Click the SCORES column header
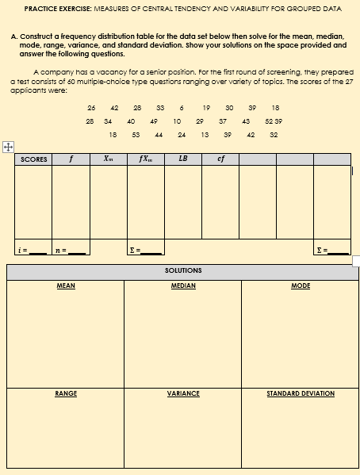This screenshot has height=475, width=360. click(x=33, y=159)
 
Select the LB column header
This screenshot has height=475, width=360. click(x=183, y=159)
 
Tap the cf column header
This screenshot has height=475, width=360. click(x=220, y=159)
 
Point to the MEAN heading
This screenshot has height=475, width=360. click(x=66, y=285)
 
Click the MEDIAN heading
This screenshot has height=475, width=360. click(x=183, y=285)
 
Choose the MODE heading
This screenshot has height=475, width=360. click(x=301, y=285)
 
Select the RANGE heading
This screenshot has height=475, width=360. click(x=66, y=393)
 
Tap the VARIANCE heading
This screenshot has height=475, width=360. click(x=183, y=393)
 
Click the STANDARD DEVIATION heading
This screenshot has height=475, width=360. click(x=301, y=393)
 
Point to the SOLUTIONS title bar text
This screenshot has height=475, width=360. click(x=183, y=270)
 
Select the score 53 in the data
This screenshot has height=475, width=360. click(x=136, y=136)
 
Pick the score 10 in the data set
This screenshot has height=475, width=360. click(x=174, y=121)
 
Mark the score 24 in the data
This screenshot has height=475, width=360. click(x=182, y=136)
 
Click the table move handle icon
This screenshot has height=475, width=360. click(x=7, y=147)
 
